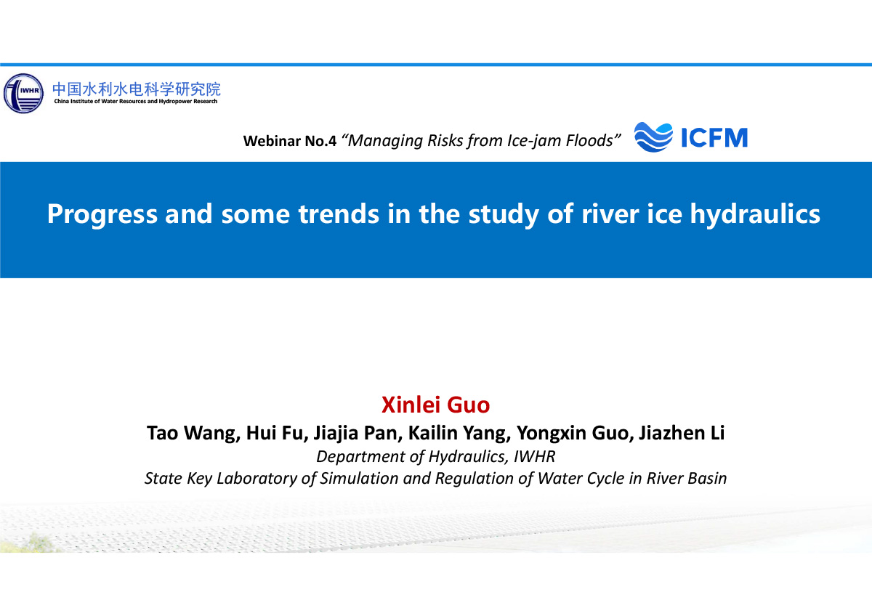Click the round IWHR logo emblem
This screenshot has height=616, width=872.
click(23, 94)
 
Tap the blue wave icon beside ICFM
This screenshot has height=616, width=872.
click(653, 137)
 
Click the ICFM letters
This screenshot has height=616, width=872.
click(714, 137)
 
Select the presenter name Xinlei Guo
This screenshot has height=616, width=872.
click(435, 405)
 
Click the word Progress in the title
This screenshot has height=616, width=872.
click(102, 214)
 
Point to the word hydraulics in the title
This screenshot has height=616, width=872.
click(755, 214)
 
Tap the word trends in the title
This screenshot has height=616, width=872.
click(339, 214)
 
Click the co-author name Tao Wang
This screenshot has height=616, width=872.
click(193, 433)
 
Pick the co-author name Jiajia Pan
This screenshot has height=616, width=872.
click(358, 433)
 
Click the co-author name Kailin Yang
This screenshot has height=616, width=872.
click(459, 433)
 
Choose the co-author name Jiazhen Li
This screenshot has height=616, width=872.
click(682, 433)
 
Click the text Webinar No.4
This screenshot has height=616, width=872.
click(290, 141)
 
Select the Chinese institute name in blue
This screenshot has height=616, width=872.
click(137, 89)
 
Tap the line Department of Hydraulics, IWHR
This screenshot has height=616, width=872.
click(435, 457)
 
